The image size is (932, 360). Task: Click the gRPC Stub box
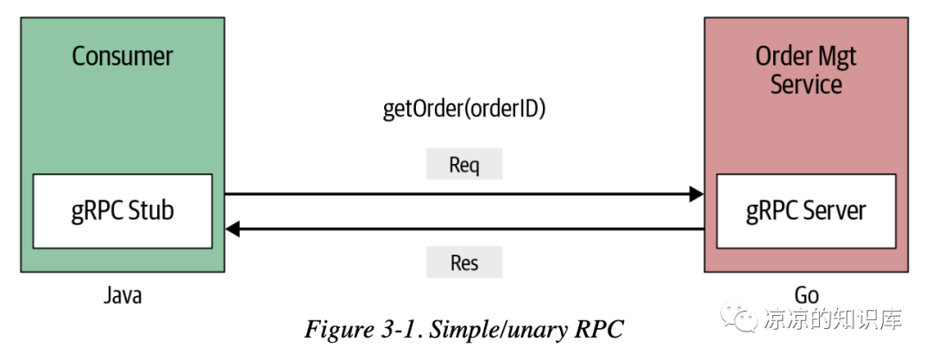pos(122,211)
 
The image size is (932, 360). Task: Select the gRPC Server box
pos(805,211)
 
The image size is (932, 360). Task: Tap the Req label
pos(464,164)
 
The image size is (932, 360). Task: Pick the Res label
pos(464,262)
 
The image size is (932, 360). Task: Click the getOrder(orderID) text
pos(464,110)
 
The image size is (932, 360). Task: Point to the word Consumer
pos(122,57)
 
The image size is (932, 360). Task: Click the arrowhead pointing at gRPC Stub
pos(231,229)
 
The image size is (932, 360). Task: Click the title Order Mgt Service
pos(805,70)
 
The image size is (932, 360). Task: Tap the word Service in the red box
pos(805,85)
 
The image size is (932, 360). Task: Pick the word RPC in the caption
pos(597,329)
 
